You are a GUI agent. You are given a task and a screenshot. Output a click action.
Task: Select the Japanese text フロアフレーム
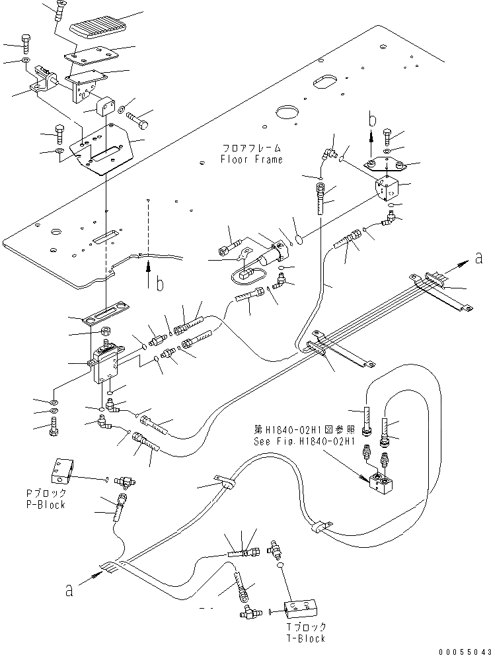[252, 148]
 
